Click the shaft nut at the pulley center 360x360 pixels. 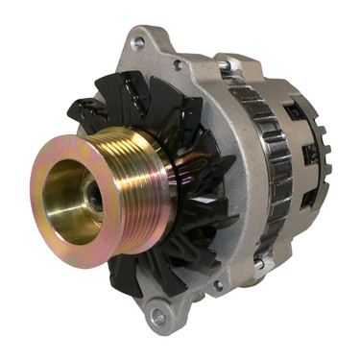pos(93,198)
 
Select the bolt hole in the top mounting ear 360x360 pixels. pos(137,43)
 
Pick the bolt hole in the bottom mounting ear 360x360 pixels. pos(156,315)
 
